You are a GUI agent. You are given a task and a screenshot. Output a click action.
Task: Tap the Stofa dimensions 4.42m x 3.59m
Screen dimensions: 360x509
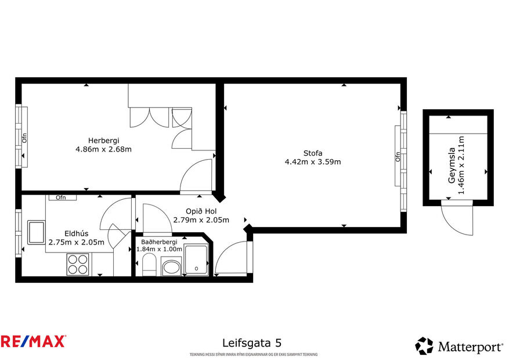(x=312, y=162)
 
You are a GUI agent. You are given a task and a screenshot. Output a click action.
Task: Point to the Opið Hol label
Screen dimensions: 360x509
(x=201, y=211)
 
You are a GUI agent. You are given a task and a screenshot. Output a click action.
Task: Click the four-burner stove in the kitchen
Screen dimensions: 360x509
(x=78, y=265)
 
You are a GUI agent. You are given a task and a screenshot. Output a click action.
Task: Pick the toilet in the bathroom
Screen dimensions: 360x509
(x=147, y=267)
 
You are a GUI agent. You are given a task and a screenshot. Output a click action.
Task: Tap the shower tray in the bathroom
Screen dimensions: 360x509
(x=196, y=260)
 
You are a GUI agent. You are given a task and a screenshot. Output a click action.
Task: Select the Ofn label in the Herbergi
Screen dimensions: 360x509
(x=24, y=138)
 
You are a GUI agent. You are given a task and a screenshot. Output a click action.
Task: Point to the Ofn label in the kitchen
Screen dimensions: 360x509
(x=61, y=197)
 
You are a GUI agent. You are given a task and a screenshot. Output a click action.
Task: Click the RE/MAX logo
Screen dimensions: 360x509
(x=33, y=341)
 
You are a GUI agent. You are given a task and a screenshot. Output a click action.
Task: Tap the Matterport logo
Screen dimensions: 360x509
(x=459, y=347)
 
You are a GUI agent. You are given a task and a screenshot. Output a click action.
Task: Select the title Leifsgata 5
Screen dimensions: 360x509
(x=252, y=343)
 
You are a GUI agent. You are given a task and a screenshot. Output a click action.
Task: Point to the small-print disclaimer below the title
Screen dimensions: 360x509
(x=254, y=354)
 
